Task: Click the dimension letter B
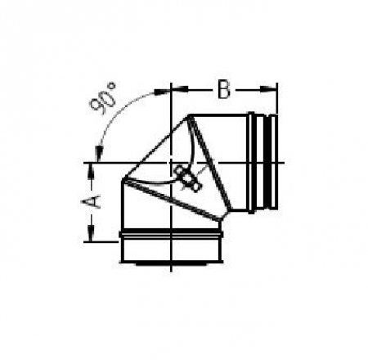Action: point(224,89)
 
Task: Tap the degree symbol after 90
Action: point(112,87)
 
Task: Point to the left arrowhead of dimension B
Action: point(179,89)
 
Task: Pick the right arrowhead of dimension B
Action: point(268,89)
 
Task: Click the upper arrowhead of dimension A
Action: point(91,171)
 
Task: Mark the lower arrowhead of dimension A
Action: point(91,233)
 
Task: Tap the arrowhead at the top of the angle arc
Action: point(162,92)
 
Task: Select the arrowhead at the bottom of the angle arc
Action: point(98,154)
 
